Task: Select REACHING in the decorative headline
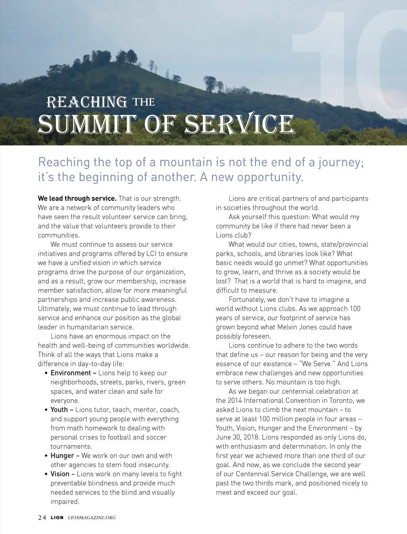(87, 103)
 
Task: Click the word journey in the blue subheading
(340, 162)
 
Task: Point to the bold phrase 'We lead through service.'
(77, 199)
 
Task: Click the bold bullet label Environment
(71, 373)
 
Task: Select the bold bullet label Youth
(59, 410)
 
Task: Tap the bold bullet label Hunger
(62, 456)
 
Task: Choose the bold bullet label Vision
(60, 474)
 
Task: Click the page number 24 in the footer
(42, 518)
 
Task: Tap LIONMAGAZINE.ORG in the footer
(92, 518)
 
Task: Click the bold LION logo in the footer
(57, 518)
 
